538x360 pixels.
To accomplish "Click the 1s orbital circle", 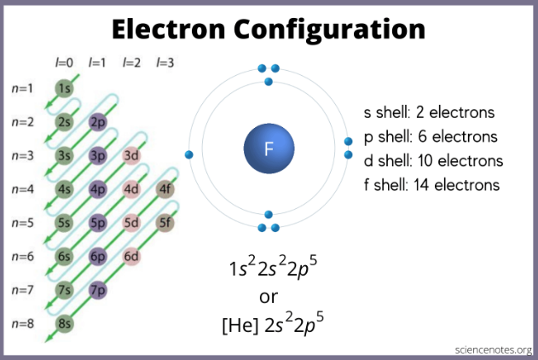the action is [x=64, y=88].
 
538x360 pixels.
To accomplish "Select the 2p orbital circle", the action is [x=98, y=122].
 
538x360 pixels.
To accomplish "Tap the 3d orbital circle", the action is [x=131, y=155].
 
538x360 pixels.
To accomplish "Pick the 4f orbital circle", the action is [x=165, y=189].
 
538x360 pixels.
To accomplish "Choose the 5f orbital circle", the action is [x=165, y=223].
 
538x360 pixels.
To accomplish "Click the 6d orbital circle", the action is [x=131, y=257].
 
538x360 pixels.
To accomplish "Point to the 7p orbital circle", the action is [x=98, y=290].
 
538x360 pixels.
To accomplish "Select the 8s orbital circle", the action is [x=64, y=323].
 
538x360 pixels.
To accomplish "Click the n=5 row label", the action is [x=23, y=223].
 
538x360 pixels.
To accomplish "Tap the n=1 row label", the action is [x=22, y=89].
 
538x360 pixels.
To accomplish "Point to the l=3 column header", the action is [x=165, y=63].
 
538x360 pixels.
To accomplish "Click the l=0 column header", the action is [x=64, y=63].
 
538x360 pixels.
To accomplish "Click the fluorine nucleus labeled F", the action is [x=269, y=148].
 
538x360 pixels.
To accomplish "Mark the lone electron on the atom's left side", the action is [x=188, y=154].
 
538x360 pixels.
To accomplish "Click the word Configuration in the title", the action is [x=329, y=30].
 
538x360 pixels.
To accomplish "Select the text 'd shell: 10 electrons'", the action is [x=433, y=160].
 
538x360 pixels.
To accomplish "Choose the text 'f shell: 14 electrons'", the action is [x=431, y=185].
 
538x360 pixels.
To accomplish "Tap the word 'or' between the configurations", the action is [x=269, y=297].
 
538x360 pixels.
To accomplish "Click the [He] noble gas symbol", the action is [x=240, y=325].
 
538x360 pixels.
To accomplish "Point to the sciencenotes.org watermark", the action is [x=494, y=350].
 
